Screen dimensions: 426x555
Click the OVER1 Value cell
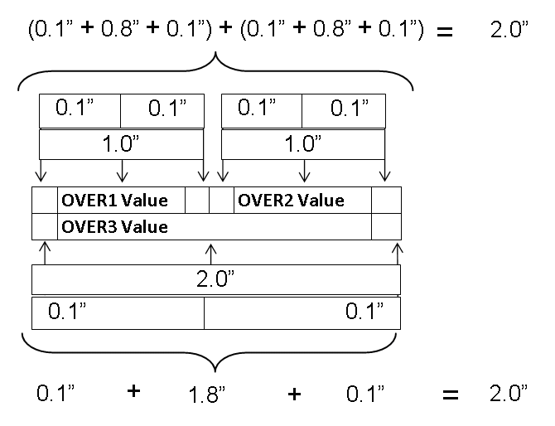coord(120,201)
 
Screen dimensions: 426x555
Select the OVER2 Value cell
coord(302,201)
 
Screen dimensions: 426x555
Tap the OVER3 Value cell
coord(214,226)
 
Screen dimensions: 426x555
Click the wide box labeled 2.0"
coord(216,279)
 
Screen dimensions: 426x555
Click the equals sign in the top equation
coord(446,33)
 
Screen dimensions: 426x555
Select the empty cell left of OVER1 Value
coord(44,201)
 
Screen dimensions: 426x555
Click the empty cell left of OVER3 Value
coord(44,226)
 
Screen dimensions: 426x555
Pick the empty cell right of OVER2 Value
coord(386,201)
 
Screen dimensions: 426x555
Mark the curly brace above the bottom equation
coord(216,352)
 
